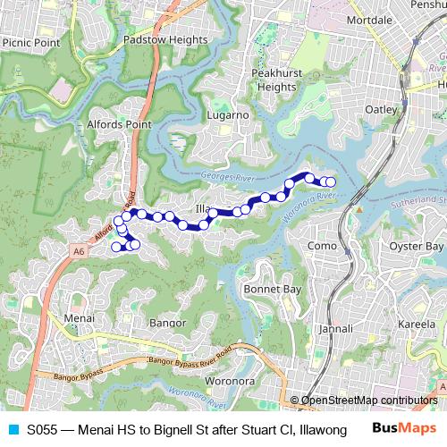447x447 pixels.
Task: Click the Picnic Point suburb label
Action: tap(31, 42)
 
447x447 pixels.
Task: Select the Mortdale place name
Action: tap(368, 19)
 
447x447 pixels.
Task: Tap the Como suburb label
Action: tap(321, 246)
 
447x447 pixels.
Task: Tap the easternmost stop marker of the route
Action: tap(331, 182)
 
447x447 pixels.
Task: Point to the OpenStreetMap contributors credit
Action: tap(369, 400)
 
